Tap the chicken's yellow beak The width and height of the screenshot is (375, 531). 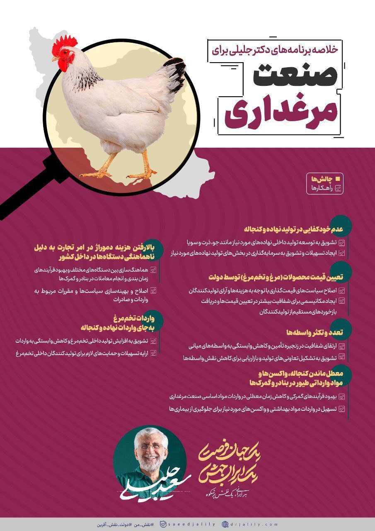click(x=55, y=59)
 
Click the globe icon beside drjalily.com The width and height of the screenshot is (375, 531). click(x=225, y=524)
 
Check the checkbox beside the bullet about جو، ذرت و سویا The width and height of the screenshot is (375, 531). click(x=342, y=243)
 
